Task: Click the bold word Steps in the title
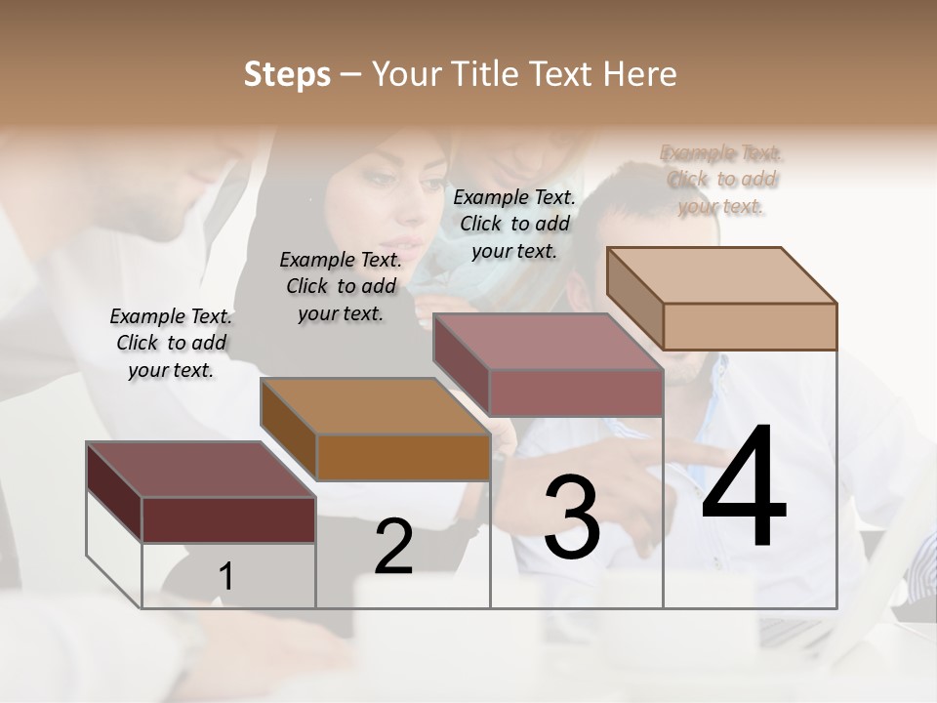(287, 74)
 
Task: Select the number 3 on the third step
(572, 517)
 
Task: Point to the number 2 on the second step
(393, 547)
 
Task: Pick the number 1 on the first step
(225, 577)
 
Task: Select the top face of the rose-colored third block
(548, 342)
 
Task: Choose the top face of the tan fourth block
(721, 275)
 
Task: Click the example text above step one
(171, 343)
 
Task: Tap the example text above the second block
(341, 286)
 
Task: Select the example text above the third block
(514, 224)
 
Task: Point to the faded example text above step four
(721, 179)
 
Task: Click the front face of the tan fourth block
(750, 326)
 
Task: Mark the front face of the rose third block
(576, 393)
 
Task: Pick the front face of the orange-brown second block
(403, 456)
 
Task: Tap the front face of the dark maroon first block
(228, 519)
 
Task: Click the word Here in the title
(639, 74)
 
